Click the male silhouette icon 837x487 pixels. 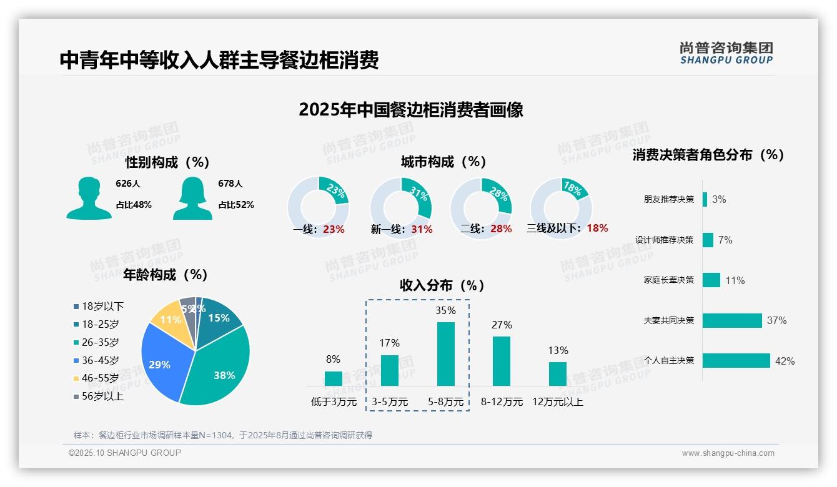point(89,199)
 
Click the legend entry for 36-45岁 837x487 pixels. point(100,360)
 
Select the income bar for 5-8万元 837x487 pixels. point(446,354)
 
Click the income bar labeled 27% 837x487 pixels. point(502,361)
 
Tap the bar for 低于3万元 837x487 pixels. point(334,378)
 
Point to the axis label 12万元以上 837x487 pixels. point(558,402)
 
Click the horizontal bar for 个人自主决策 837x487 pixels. point(736,360)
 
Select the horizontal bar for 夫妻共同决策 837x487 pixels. point(732,320)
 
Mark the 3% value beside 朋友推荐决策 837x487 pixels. point(719,200)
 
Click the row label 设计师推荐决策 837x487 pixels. point(664,240)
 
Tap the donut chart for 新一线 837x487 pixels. point(401,207)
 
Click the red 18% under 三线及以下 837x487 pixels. point(597,228)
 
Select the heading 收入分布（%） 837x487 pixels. point(443,286)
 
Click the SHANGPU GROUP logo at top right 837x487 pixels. point(726,53)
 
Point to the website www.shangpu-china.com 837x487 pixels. point(728,453)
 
